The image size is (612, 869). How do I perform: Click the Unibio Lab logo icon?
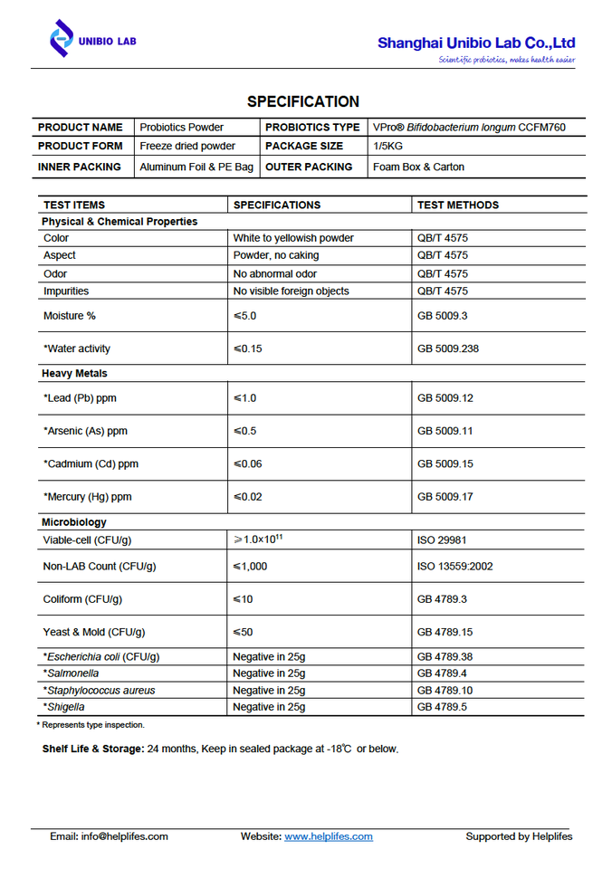[x=61, y=39]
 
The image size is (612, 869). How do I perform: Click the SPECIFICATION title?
[x=303, y=101]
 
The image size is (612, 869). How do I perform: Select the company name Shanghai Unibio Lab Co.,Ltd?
[x=476, y=43]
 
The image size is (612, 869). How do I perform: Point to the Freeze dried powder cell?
[x=187, y=146]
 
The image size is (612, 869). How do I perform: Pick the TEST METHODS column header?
[x=458, y=205]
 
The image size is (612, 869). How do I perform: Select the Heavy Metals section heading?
[x=74, y=373]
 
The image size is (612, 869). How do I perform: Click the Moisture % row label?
[x=70, y=316]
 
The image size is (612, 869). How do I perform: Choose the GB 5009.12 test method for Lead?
[x=445, y=398]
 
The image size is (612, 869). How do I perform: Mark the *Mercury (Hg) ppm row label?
[x=87, y=497]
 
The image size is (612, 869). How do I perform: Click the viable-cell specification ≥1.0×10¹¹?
[x=258, y=540]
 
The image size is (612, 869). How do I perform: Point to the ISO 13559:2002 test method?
[x=454, y=567]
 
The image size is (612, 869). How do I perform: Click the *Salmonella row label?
[x=71, y=673]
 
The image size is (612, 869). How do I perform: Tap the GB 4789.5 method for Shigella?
[x=442, y=707]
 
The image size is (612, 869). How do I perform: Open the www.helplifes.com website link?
[x=329, y=836]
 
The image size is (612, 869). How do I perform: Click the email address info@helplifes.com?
[x=124, y=836]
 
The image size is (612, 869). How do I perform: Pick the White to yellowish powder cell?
[x=293, y=238]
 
